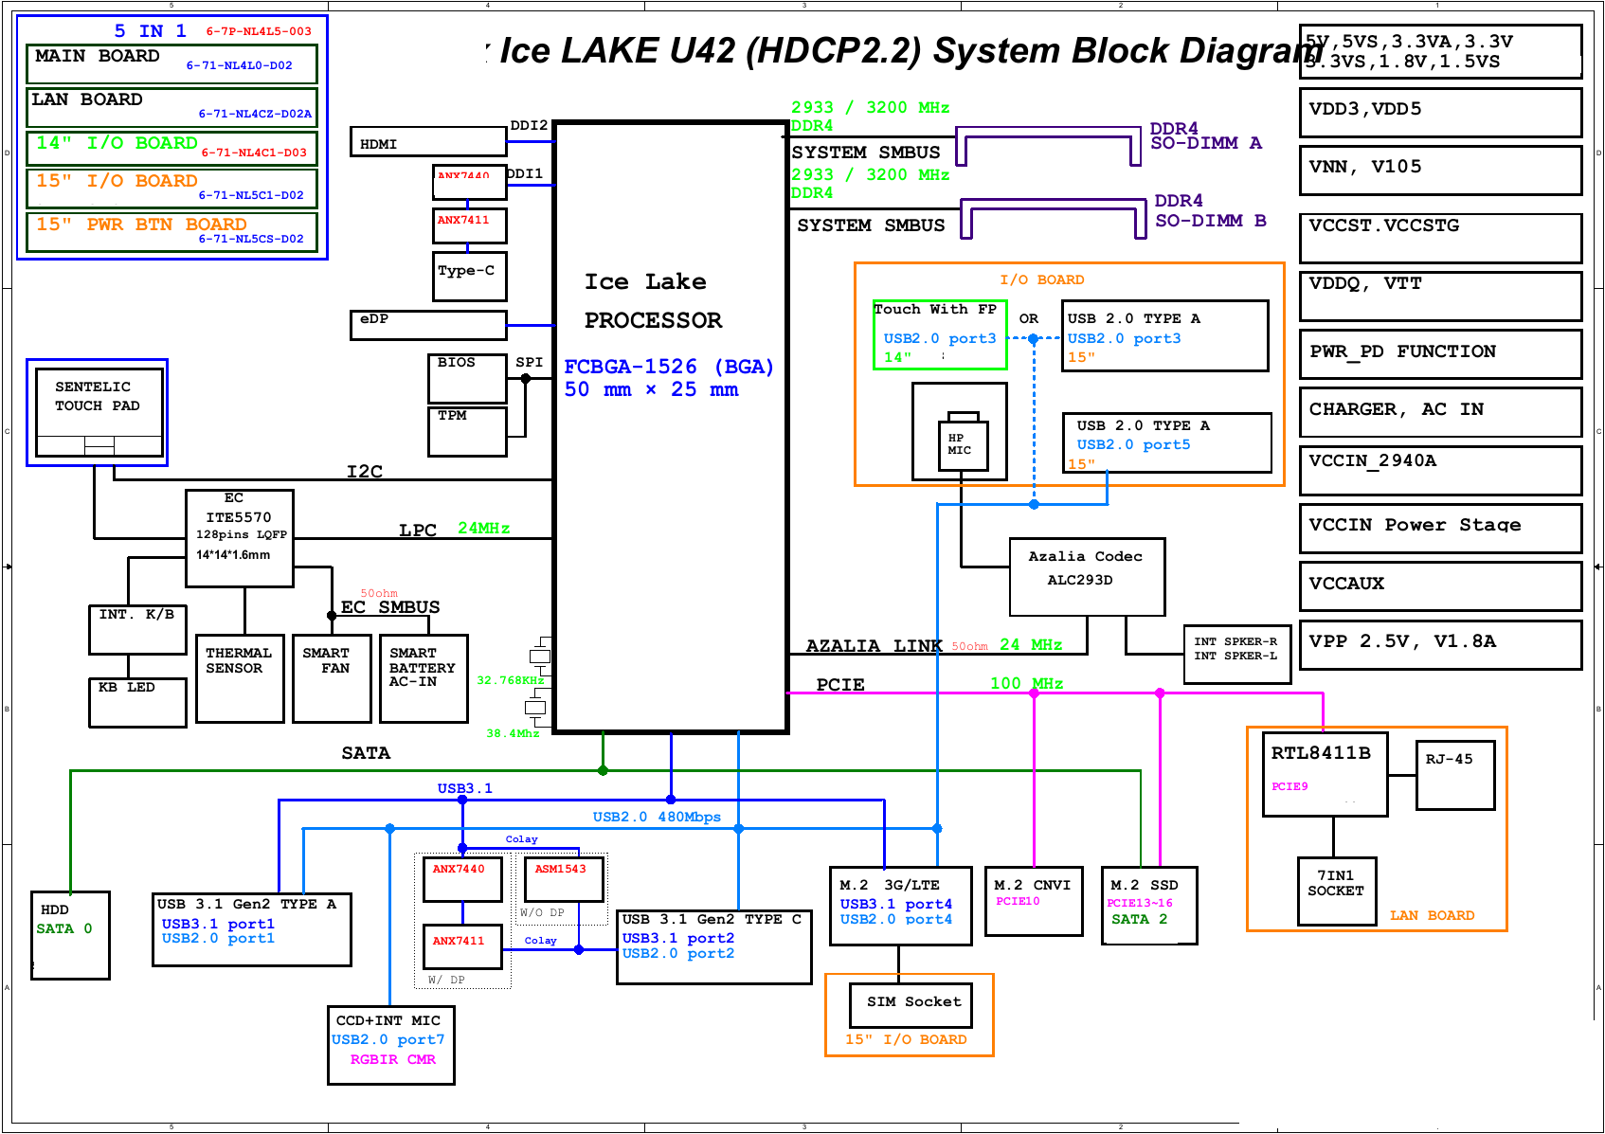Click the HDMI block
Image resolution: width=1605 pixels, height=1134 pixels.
click(x=428, y=142)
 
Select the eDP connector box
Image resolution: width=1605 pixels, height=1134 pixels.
click(x=428, y=325)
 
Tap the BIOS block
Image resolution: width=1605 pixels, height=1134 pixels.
click(x=468, y=377)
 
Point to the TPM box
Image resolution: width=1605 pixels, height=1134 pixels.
click(x=468, y=431)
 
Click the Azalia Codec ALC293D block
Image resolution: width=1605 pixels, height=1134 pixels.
click(x=1086, y=577)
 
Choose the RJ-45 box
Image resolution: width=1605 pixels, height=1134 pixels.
click(x=1454, y=775)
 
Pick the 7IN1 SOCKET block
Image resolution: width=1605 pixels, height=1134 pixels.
click(x=1336, y=891)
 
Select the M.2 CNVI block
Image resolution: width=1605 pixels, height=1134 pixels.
click(x=1033, y=901)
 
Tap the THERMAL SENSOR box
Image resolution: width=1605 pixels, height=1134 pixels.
click(x=240, y=677)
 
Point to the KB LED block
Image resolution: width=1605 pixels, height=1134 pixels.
click(x=137, y=703)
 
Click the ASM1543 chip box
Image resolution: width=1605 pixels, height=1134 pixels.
click(x=564, y=878)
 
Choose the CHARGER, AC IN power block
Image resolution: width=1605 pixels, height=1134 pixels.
click(x=1439, y=411)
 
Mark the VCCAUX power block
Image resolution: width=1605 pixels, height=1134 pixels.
click(x=1439, y=585)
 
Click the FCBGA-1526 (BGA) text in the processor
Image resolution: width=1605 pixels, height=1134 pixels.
click(x=669, y=367)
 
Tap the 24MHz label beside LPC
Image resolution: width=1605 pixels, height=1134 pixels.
click(x=483, y=529)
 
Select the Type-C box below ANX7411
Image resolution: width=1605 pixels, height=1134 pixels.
click(x=469, y=276)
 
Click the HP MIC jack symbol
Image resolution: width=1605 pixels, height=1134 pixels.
click(x=963, y=444)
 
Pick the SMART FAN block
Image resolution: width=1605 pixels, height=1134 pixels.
click(x=331, y=677)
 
